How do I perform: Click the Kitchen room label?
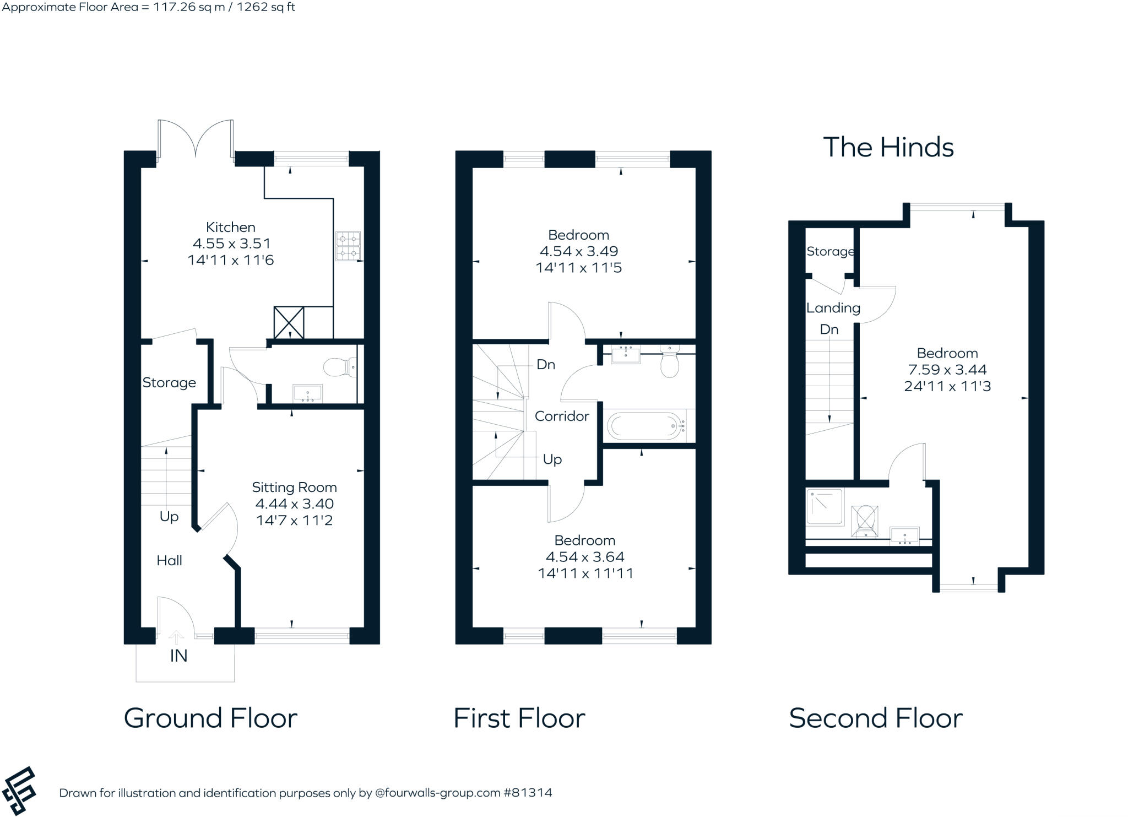click(x=230, y=227)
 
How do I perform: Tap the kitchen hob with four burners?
click(x=348, y=246)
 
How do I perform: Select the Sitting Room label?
click(x=294, y=487)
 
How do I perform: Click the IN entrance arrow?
click(x=176, y=639)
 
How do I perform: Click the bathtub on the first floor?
click(x=644, y=425)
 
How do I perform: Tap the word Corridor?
click(x=561, y=416)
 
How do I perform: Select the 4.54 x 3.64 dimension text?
click(x=584, y=556)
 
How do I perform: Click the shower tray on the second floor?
click(x=825, y=506)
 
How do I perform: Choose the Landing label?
click(x=833, y=308)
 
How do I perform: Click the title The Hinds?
click(x=888, y=148)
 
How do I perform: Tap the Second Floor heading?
click(x=875, y=718)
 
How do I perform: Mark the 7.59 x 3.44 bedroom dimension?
click(x=947, y=370)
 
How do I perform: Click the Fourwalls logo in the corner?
click(x=19, y=790)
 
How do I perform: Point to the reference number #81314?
click(x=527, y=793)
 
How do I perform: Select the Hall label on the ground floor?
click(x=169, y=560)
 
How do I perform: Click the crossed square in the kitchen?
click(x=289, y=323)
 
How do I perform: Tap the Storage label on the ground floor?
click(x=169, y=382)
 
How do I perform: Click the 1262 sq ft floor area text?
click(x=266, y=7)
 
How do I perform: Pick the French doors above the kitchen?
click(x=195, y=140)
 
